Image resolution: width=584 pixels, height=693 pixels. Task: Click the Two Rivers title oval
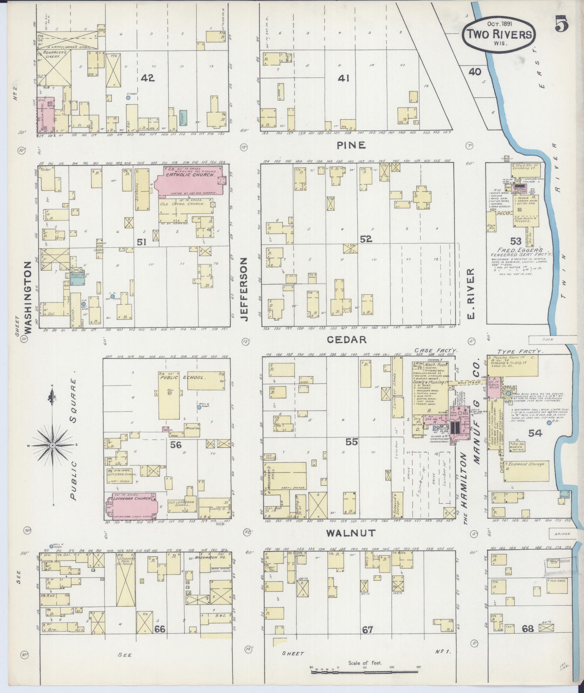click(x=499, y=34)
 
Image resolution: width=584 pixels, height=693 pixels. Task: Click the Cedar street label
click(x=347, y=339)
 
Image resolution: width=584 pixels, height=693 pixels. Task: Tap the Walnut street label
click(x=350, y=533)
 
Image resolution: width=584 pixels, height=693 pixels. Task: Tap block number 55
click(x=351, y=442)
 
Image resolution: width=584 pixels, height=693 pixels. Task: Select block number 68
click(x=528, y=629)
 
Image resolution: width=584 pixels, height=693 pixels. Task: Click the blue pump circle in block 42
click(x=128, y=98)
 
